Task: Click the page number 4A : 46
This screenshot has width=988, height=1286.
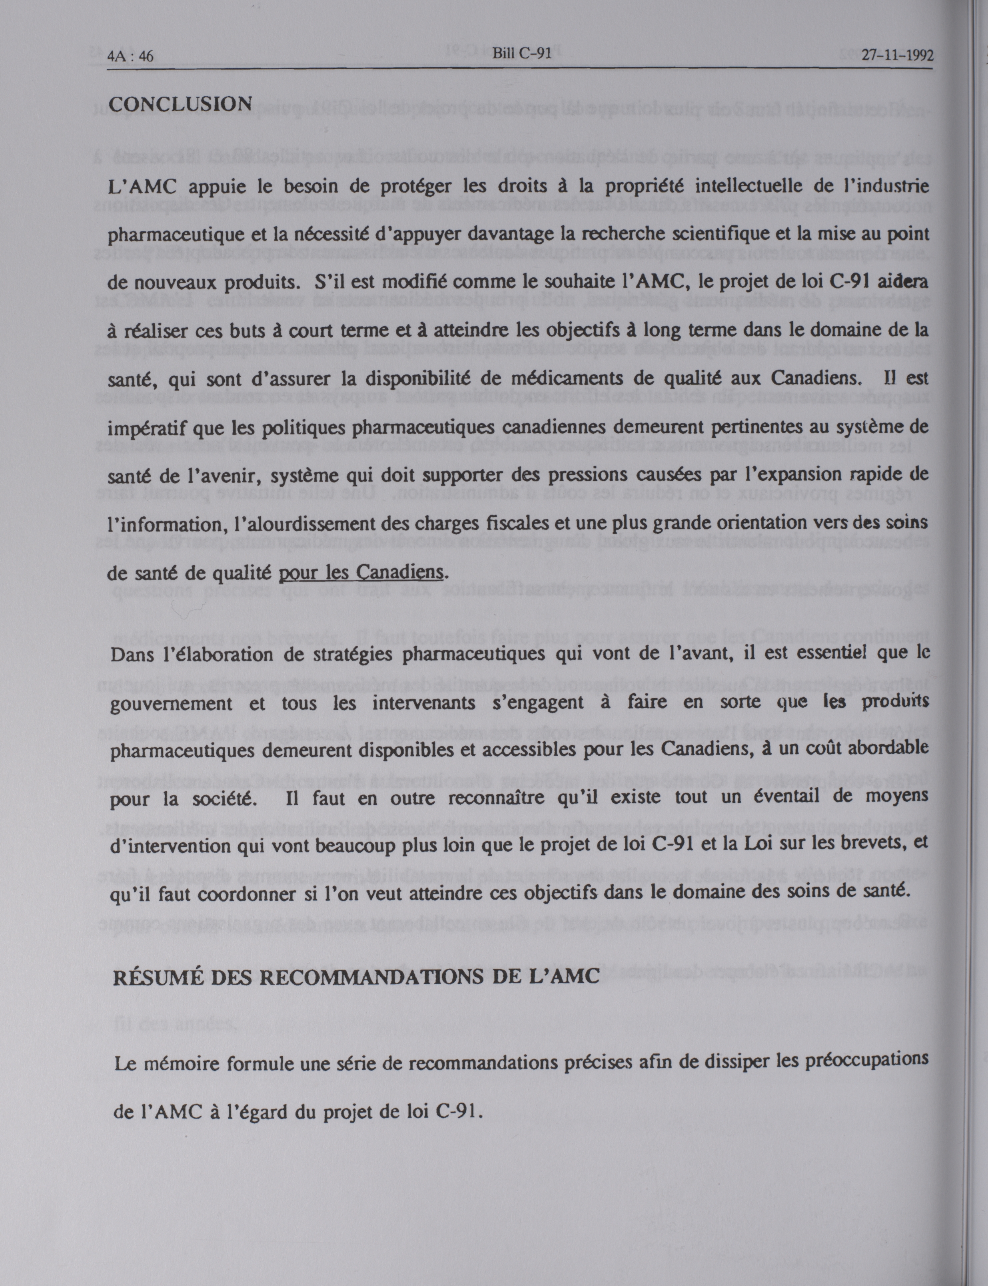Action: pyautogui.click(x=131, y=56)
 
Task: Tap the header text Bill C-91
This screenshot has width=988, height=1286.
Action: pyautogui.click(x=522, y=54)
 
